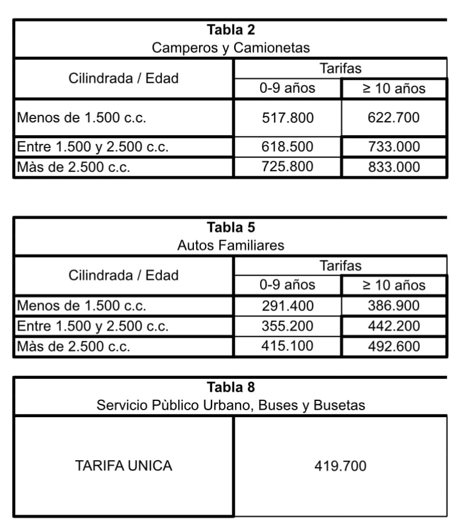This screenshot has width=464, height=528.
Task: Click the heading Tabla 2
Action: click(x=231, y=29)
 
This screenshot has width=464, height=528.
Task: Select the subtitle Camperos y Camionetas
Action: click(x=231, y=48)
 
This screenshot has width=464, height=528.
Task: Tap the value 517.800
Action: click(x=287, y=118)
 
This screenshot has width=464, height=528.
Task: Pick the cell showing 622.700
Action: click(x=394, y=118)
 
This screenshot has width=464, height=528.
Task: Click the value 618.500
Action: click(x=287, y=147)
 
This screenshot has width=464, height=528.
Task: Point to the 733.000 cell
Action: click(x=394, y=147)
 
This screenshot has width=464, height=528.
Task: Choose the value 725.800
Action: click(x=287, y=167)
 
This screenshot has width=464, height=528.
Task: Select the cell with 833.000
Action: click(x=394, y=167)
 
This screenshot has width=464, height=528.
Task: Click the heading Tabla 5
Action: click(x=231, y=227)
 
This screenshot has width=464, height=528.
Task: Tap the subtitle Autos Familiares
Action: click(x=231, y=245)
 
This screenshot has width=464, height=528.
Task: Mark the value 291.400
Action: click(x=287, y=306)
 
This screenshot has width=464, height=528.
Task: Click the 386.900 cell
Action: click(x=394, y=306)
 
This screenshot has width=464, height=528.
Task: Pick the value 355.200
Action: click(x=287, y=326)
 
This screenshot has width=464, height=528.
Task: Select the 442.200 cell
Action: click(x=394, y=326)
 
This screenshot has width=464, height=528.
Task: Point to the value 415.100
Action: click(x=287, y=346)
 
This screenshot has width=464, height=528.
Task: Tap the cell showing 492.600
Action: click(x=394, y=346)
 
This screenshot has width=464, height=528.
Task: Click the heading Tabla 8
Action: click(x=231, y=386)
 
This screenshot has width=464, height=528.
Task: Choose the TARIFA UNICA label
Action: click(x=124, y=465)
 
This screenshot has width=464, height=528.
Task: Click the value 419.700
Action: click(x=340, y=465)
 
